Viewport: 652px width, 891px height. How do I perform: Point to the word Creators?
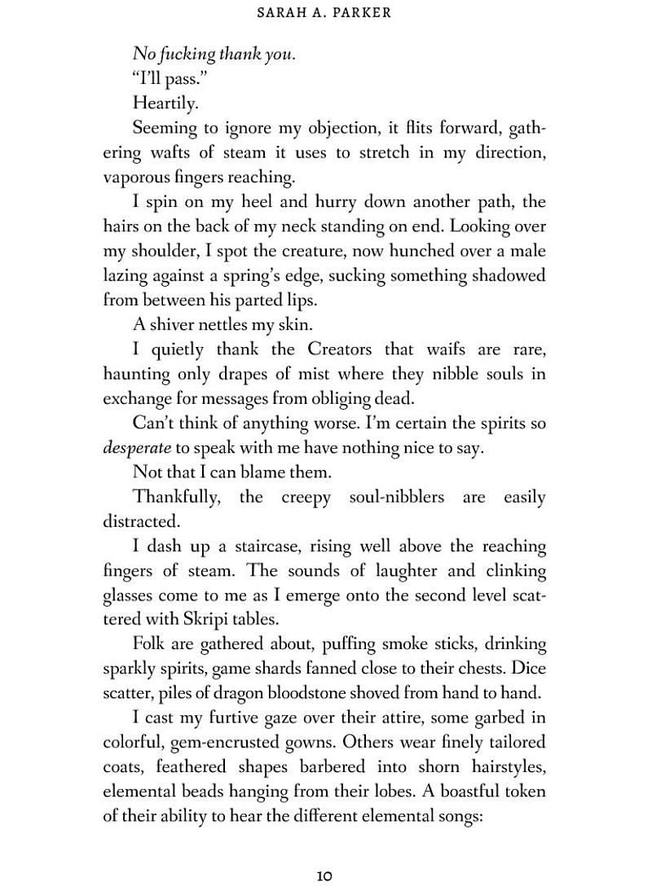(349, 349)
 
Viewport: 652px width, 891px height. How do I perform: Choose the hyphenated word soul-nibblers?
(396, 497)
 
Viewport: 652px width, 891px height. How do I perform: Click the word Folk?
(150, 645)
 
